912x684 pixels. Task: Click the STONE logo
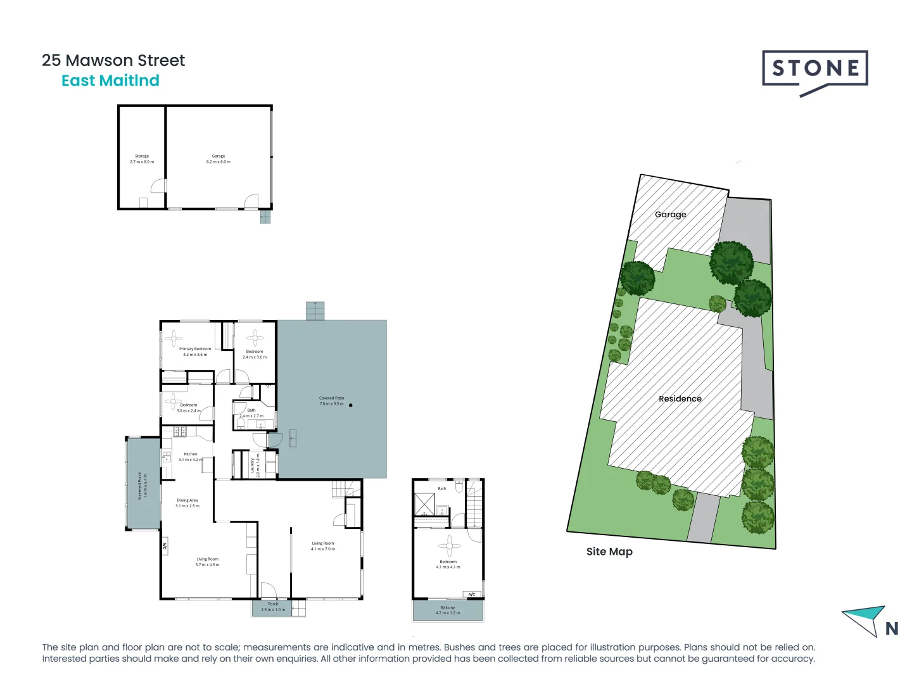click(x=814, y=69)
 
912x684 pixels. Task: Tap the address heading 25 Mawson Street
click(x=113, y=60)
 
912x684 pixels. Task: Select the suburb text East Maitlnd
click(x=110, y=80)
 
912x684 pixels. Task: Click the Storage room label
click(x=142, y=158)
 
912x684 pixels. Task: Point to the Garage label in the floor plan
click(x=218, y=158)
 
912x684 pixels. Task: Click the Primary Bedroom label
click(x=195, y=351)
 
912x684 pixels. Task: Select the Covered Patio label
click(x=331, y=401)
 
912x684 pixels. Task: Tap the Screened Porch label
click(x=142, y=485)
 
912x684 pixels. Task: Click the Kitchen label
click(x=190, y=457)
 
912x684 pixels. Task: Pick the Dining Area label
click(x=187, y=503)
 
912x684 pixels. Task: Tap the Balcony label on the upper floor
click(x=448, y=610)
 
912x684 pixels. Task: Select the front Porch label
click(x=273, y=607)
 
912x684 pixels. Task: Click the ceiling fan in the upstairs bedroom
click(x=449, y=545)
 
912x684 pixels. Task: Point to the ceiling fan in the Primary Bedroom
click(x=174, y=338)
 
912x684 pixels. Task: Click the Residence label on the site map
click(x=680, y=398)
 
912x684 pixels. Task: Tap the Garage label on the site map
click(x=670, y=214)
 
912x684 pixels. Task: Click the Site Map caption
click(x=609, y=551)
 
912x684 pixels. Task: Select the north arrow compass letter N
click(x=892, y=628)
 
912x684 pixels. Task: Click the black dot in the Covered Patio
click(x=350, y=405)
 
